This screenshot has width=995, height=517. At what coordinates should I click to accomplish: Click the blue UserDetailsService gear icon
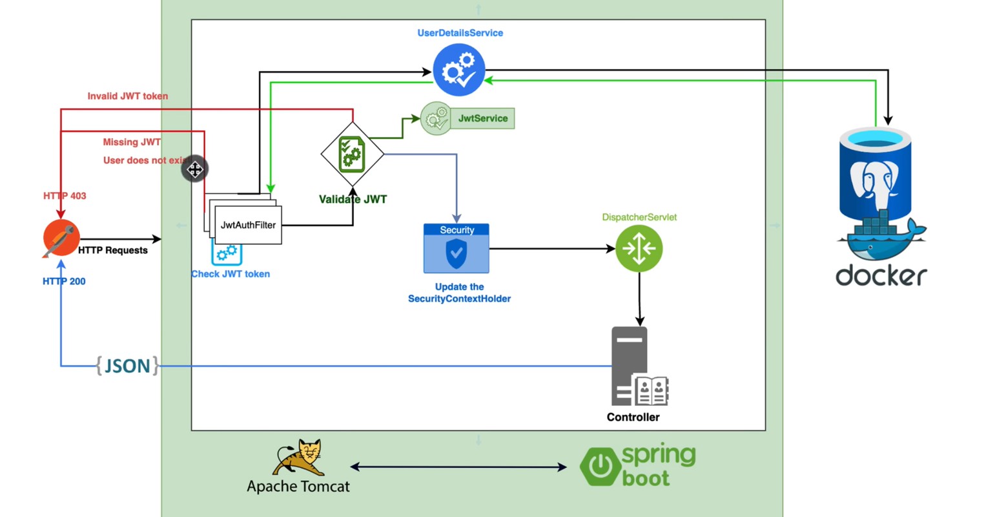(458, 70)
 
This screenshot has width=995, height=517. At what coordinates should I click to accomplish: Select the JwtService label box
(482, 118)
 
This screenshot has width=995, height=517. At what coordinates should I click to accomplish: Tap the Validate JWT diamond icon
(353, 154)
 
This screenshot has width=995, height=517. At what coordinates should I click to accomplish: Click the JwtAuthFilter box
(248, 225)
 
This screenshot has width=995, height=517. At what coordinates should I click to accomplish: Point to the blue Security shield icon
(456, 253)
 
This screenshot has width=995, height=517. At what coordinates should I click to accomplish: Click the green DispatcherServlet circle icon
(639, 248)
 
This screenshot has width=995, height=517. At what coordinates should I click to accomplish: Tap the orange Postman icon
(61, 238)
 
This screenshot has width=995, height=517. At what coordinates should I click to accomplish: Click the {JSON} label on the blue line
(127, 366)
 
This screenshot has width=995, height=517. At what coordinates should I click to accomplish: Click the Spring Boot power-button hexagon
(600, 465)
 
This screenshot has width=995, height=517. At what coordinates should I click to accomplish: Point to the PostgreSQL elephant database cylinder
(875, 174)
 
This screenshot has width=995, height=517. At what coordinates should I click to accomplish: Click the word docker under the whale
(881, 276)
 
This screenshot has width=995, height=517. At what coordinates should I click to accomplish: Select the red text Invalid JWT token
(127, 96)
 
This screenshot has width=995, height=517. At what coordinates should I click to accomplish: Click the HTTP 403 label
(65, 196)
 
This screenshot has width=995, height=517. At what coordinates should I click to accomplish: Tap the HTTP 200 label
(64, 281)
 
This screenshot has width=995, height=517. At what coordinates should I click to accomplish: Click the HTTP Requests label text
(113, 250)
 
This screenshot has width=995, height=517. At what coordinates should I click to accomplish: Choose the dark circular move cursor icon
(195, 169)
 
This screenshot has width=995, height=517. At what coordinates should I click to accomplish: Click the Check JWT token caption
(231, 274)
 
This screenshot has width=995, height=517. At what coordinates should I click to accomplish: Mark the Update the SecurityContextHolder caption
(459, 293)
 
